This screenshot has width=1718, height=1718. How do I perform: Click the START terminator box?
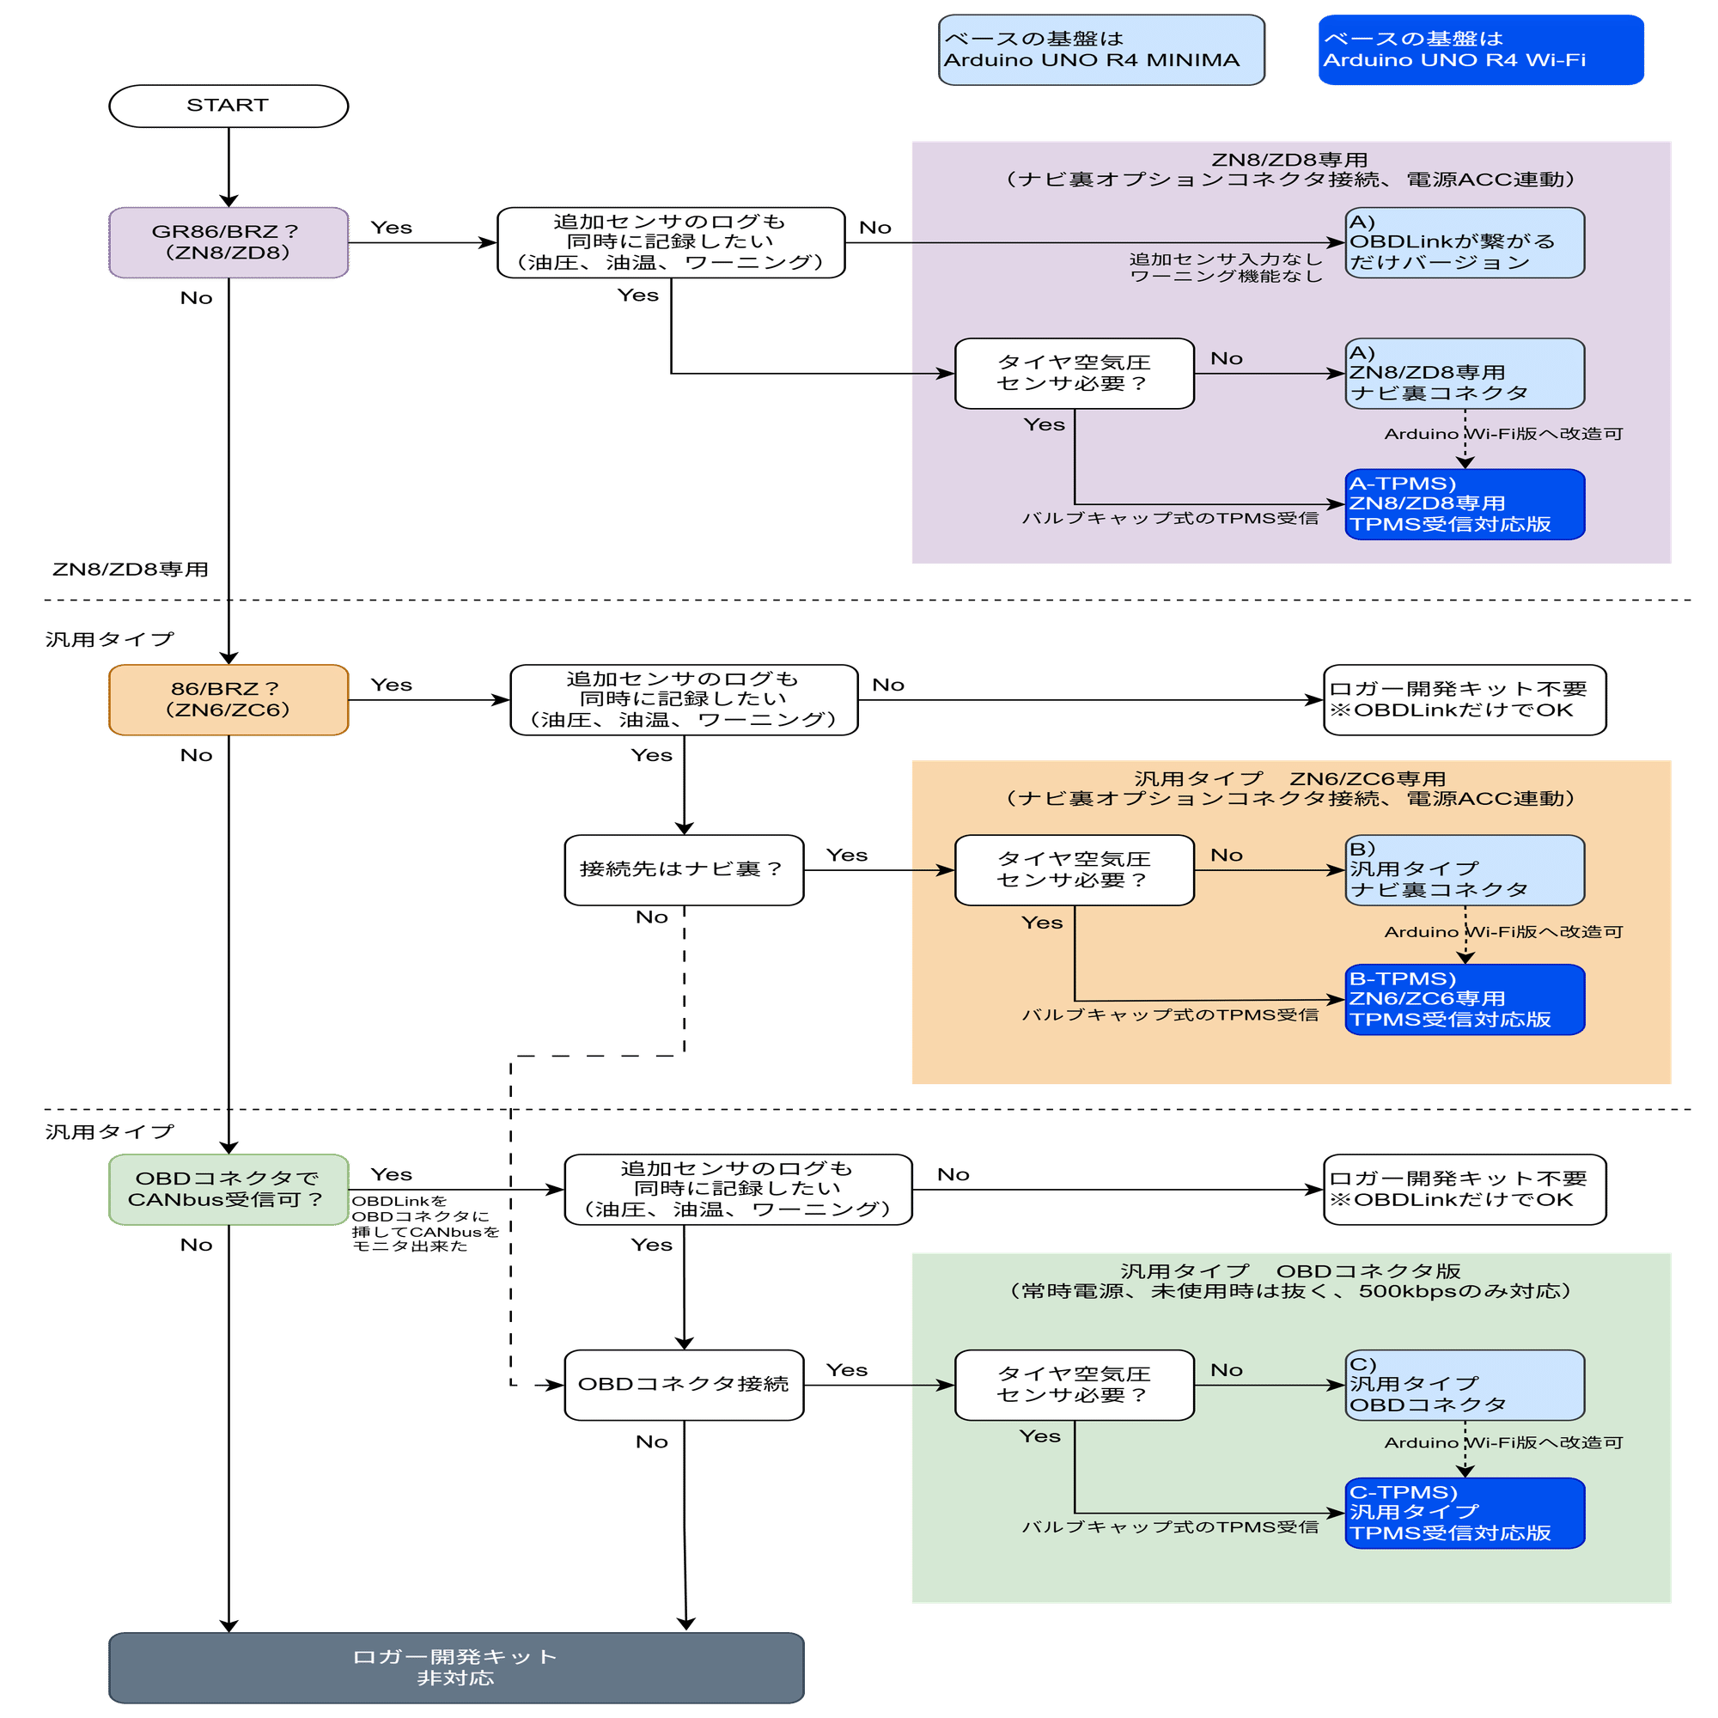coord(228,106)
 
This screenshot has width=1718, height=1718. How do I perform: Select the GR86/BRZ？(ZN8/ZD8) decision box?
coord(228,242)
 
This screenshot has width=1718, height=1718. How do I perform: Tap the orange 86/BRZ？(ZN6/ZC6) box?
coord(228,700)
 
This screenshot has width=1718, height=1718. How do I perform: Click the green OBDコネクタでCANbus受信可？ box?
coord(228,1189)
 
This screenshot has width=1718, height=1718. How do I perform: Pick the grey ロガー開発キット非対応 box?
coord(455,1667)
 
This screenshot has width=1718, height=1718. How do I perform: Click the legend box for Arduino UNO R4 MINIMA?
coord(1101,50)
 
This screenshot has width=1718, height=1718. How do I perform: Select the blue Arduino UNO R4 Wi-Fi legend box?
coord(1481,50)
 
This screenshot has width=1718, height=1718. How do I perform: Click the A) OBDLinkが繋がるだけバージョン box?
coord(1464,242)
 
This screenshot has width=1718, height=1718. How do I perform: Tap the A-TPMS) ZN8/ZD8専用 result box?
coord(1464,504)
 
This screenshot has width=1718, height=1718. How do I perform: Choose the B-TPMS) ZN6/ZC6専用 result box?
coord(1464,1000)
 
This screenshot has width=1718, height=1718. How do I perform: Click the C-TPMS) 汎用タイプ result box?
coord(1464,1513)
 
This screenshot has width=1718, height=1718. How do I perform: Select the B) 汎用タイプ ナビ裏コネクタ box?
coord(1464,868)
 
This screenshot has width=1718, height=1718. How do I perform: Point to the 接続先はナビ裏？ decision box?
coord(683,869)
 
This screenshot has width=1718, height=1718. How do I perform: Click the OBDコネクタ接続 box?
coord(683,1385)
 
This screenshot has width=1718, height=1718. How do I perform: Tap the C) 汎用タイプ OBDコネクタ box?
coord(1464,1385)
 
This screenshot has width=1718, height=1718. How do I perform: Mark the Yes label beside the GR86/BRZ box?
coord(391,228)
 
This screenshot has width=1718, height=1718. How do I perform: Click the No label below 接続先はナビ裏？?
coord(651,917)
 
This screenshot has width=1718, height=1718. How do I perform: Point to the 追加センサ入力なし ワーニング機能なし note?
coord(1226,268)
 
